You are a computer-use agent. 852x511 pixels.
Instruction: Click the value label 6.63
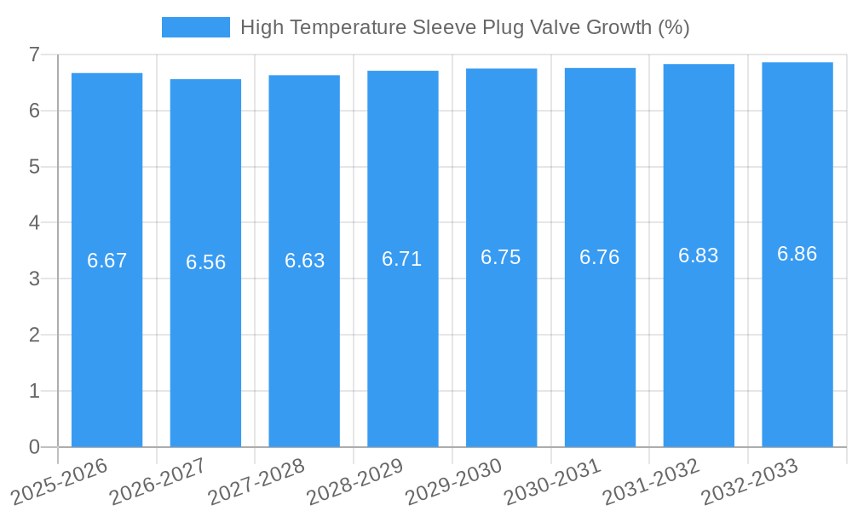pyautogui.click(x=304, y=261)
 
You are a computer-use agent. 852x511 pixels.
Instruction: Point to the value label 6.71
pyautogui.click(x=402, y=259)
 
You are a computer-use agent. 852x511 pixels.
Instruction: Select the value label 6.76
pyautogui.click(x=600, y=257)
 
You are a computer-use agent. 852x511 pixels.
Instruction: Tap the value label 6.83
pyautogui.click(x=699, y=255)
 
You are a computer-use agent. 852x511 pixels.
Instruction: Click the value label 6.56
pyautogui.click(x=205, y=262)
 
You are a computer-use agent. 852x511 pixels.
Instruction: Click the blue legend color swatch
pyautogui.click(x=195, y=27)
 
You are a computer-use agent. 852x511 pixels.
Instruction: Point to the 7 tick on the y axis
pyautogui.click(x=34, y=55)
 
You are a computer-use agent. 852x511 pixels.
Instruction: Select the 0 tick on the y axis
pyautogui.click(x=34, y=447)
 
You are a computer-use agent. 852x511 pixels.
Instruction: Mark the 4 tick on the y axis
pyautogui.click(x=34, y=223)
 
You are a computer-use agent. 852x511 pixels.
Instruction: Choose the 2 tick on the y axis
pyautogui.click(x=34, y=335)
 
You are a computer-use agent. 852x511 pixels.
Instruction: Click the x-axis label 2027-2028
pyautogui.click(x=256, y=481)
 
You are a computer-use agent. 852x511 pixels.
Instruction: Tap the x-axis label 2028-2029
pyautogui.click(x=355, y=481)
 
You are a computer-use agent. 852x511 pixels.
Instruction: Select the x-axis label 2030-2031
pyautogui.click(x=553, y=481)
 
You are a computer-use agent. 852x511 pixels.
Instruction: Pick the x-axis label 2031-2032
pyautogui.click(x=652, y=481)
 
